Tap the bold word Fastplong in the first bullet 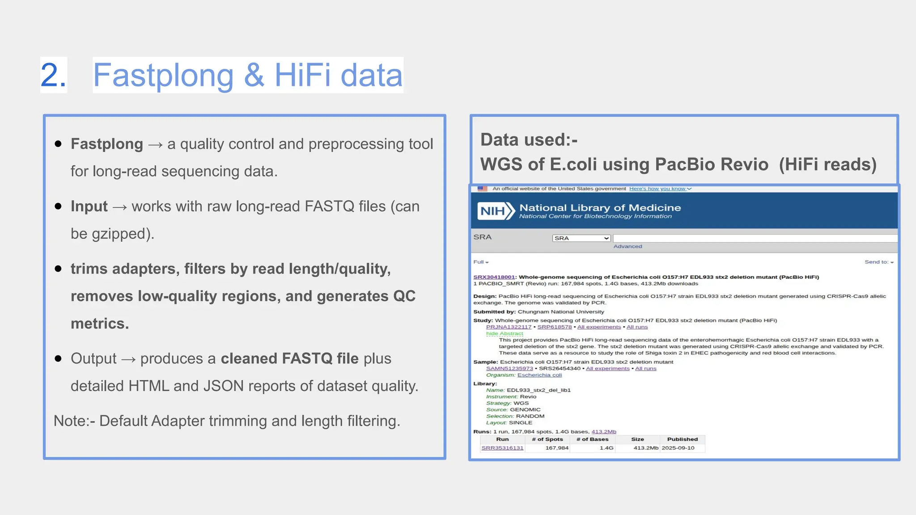107,144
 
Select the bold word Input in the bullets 89,207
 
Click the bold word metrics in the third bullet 99,324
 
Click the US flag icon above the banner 483,189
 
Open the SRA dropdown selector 581,238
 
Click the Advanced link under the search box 628,246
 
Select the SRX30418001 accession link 494,277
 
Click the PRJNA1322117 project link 509,327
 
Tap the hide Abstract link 505,333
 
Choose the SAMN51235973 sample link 509,369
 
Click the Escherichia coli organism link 539,375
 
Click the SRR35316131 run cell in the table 502,448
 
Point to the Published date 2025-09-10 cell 678,448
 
